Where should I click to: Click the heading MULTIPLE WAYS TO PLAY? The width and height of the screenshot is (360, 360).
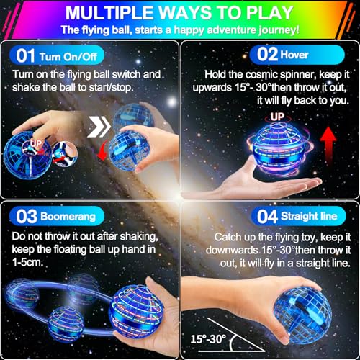(x=180, y=12)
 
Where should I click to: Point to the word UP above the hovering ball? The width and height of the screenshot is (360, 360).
(x=276, y=117)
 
